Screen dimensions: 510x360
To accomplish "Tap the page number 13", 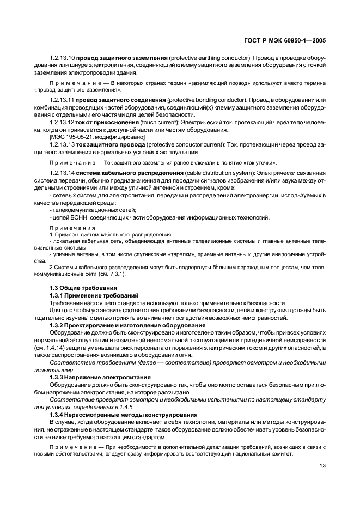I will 322,465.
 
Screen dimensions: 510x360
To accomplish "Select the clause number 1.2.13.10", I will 62,57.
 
